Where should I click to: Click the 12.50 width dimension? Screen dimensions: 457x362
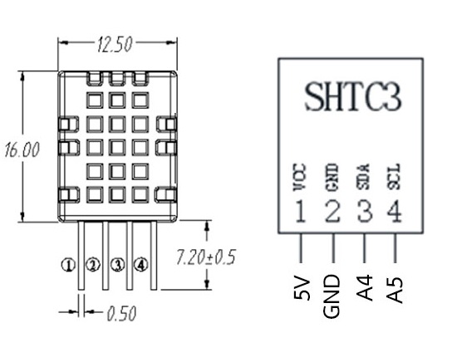click(115, 44)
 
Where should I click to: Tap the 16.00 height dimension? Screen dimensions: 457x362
click(22, 149)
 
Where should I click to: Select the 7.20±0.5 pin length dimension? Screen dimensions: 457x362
click(205, 257)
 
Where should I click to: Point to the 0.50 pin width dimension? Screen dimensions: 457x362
click(121, 313)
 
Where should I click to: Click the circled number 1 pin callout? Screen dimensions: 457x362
click(68, 265)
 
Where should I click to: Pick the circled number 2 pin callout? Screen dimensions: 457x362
click(93, 264)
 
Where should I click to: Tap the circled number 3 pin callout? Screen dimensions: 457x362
click(117, 264)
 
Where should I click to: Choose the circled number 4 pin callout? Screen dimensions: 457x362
click(140, 264)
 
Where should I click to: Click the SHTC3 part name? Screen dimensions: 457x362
click(353, 96)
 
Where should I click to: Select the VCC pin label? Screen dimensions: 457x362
click(299, 178)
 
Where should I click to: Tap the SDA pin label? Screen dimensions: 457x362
click(363, 177)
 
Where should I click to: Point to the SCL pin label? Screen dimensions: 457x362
click(394, 177)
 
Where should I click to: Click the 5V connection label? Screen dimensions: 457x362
click(302, 288)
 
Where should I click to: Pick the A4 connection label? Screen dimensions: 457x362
click(365, 287)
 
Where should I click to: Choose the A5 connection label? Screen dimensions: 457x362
click(395, 291)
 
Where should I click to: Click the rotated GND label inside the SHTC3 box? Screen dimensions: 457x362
click(332, 178)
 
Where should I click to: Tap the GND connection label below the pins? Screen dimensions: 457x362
click(332, 296)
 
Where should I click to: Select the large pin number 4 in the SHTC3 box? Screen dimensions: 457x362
click(395, 211)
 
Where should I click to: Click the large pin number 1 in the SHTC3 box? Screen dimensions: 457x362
click(300, 211)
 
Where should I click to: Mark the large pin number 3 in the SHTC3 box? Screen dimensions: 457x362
click(365, 211)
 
